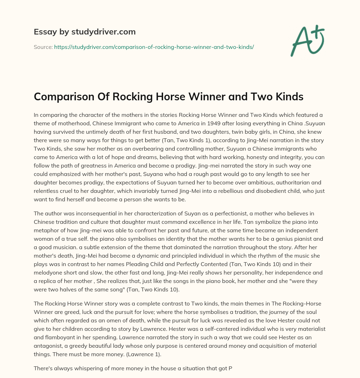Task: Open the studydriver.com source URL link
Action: pos(154,47)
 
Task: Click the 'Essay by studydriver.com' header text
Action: pos(84,32)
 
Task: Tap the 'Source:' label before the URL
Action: pos(43,47)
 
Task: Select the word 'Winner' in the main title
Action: pos(199,97)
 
